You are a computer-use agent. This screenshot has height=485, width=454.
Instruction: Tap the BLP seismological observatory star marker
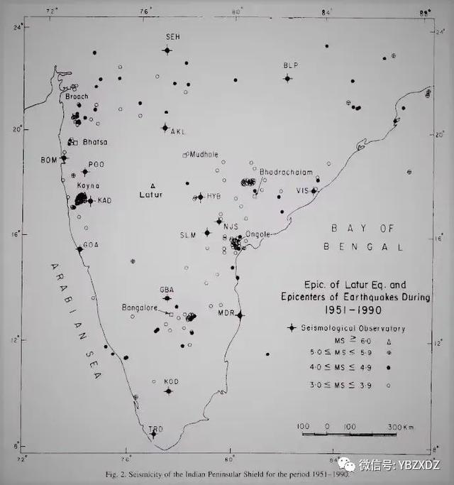[x=287, y=78]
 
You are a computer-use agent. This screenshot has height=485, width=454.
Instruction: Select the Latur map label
[x=151, y=194]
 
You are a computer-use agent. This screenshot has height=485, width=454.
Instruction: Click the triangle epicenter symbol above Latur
[x=153, y=185]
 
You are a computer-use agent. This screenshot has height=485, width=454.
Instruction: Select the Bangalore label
[x=139, y=307]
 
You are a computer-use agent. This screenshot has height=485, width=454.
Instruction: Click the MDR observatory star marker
[x=240, y=315]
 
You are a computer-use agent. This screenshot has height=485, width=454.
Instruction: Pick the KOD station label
[x=171, y=381]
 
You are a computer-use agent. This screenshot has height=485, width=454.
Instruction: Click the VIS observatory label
[x=303, y=191]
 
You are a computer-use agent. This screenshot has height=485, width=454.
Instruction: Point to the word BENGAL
[x=363, y=246]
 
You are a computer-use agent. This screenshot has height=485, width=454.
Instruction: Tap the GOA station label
[x=90, y=244]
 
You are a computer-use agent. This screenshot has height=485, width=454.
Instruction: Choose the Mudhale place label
[x=203, y=153]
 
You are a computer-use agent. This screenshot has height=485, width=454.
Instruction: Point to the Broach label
[x=77, y=97]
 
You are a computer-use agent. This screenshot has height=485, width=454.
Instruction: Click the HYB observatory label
[x=214, y=196]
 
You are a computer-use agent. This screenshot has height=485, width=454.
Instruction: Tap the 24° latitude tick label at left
[x=16, y=27]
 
